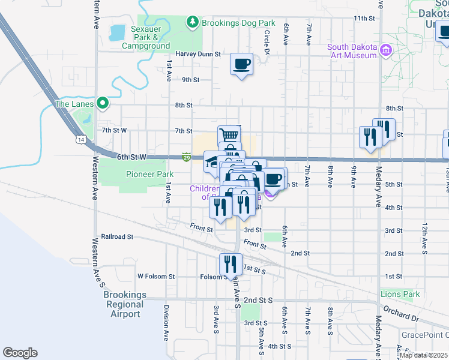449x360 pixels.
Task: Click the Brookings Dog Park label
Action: (x=238, y=23)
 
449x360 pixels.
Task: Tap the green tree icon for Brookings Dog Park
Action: (x=193, y=23)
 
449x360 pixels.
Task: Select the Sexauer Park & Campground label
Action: (x=146, y=37)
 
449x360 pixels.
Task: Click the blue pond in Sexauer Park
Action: (x=118, y=31)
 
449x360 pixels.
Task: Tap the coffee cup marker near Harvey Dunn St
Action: (x=242, y=63)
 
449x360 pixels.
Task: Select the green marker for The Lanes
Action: (x=103, y=104)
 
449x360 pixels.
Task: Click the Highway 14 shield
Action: (x=80, y=139)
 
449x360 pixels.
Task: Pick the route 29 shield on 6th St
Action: (x=187, y=157)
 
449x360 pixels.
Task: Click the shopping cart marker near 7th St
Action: (x=229, y=134)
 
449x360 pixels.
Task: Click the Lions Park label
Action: (x=400, y=294)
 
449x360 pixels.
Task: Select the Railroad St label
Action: (x=117, y=237)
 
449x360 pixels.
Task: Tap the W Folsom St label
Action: (x=155, y=277)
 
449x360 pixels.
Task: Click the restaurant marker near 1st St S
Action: (x=231, y=263)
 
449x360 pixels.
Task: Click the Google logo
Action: (x=20, y=353)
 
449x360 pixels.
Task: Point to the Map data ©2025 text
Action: (x=423, y=355)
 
